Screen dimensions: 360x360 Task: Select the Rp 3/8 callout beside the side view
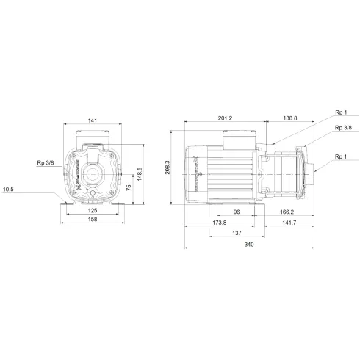(x=342, y=128)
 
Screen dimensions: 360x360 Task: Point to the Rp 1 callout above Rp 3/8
(x=342, y=113)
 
